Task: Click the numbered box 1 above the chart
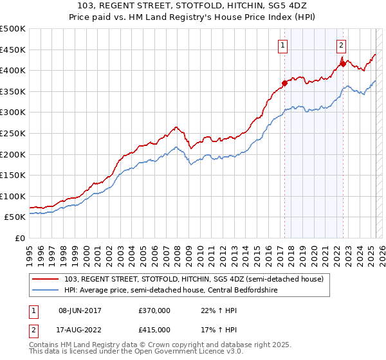coord(283,45)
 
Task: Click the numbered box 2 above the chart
coord(340,45)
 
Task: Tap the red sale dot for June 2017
coord(284,83)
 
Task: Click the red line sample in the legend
coord(46,278)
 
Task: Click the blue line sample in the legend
coord(46,291)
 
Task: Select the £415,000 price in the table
coord(154,330)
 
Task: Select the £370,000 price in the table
coord(154,310)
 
